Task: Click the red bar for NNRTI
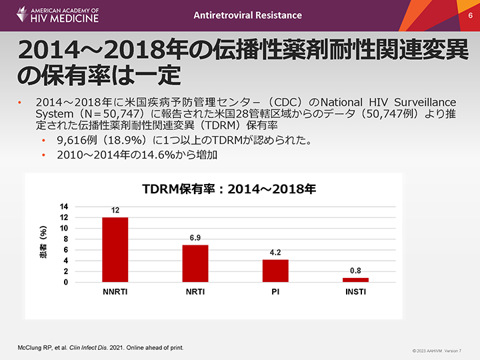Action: (115, 249)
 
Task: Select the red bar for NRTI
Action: (195, 263)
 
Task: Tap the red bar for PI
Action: (275, 271)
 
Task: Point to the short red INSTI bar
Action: (355, 280)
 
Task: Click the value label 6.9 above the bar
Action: (195, 237)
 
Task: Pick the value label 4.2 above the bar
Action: (275, 253)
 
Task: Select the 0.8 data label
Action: (355, 271)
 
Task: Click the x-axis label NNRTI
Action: (115, 292)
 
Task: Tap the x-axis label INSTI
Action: (355, 292)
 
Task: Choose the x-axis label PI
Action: (275, 292)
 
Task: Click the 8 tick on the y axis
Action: (65, 239)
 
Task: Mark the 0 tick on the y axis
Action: (65, 283)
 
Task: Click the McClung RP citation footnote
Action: (100, 348)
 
